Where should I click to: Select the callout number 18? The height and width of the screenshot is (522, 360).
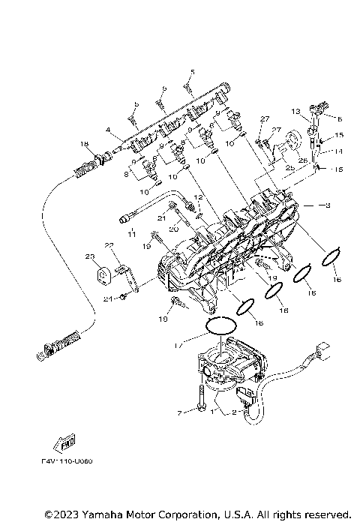pyautogui.click(x=84, y=144)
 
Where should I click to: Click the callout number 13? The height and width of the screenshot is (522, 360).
pyautogui.click(x=295, y=111)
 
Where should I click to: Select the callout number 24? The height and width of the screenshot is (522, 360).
pyautogui.click(x=107, y=299)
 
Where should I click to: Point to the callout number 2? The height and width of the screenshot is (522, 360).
pyautogui.click(x=234, y=413)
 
